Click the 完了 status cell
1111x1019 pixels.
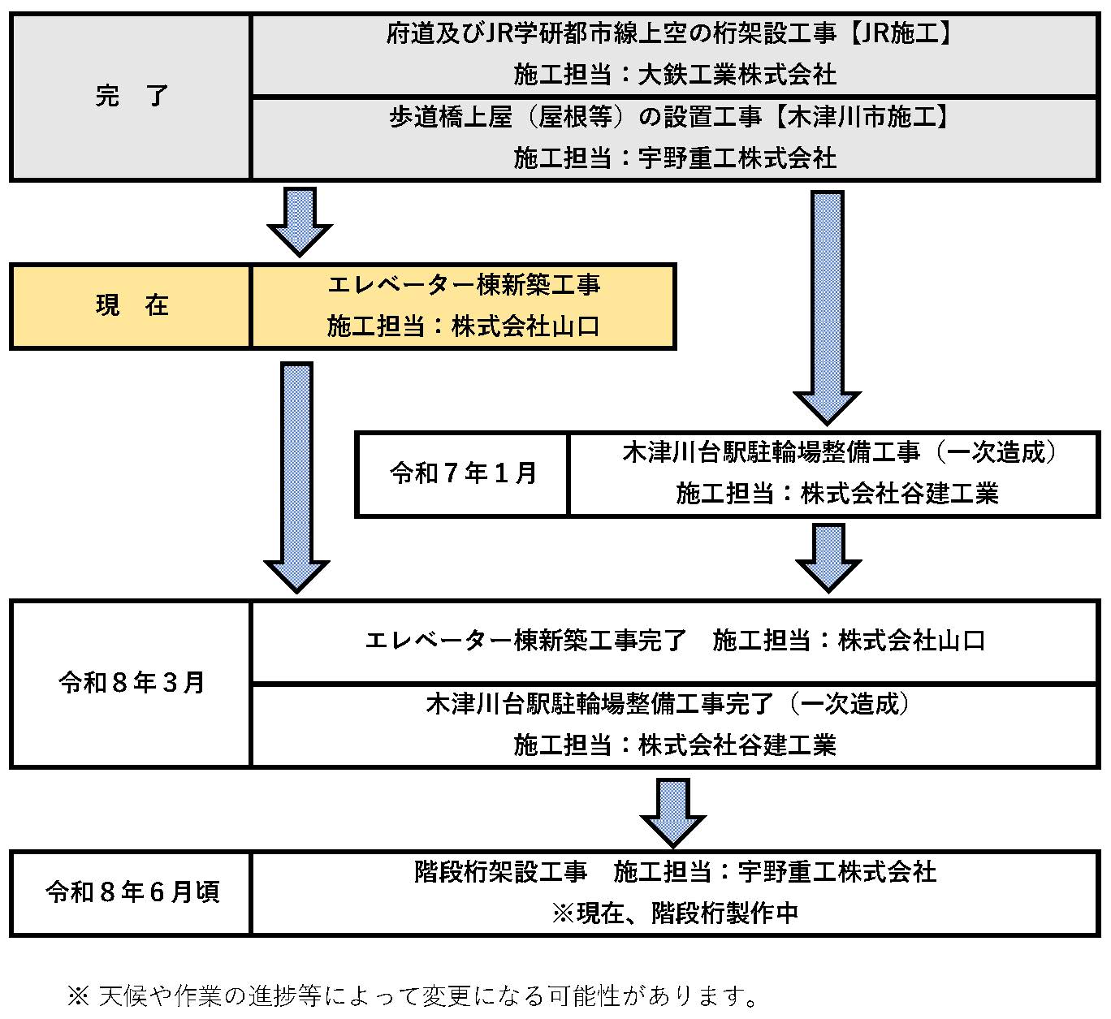click(x=131, y=96)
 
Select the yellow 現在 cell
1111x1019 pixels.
click(x=131, y=306)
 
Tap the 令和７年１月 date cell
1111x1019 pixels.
click(x=463, y=473)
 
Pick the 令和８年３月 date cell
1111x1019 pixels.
click(x=131, y=683)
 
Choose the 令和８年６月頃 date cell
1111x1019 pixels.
click(x=131, y=892)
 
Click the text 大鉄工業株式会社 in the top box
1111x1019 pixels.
click(x=737, y=75)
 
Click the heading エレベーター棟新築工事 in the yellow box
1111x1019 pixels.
click(x=464, y=285)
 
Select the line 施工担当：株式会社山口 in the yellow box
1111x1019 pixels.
click(x=464, y=326)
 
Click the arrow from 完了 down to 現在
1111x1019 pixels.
click(x=300, y=221)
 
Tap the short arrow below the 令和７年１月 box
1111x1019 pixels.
click(x=828, y=556)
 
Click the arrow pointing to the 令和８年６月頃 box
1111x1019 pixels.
click(x=673, y=812)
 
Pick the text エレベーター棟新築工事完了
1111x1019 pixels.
click(x=526, y=641)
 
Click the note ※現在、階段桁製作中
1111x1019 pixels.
click(x=674, y=913)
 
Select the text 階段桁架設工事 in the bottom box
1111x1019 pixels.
click(x=500, y=872)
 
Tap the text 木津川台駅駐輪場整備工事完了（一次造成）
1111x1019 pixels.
click(x=668, y=703)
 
